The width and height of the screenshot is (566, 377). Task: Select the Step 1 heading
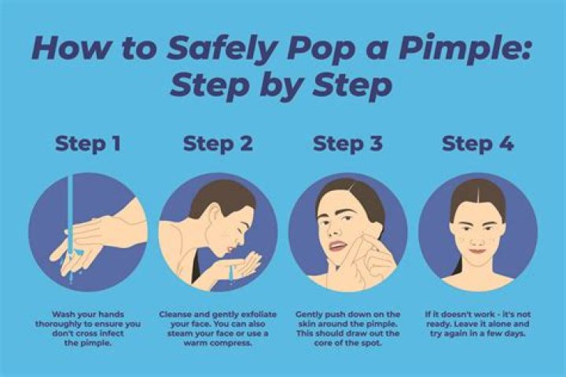click(x=88, y=145)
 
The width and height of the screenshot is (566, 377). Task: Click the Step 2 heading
click(x=218, y=145)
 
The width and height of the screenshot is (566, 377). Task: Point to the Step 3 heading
click(x=347, y=145)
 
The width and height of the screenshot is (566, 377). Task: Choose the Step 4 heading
click(x=478, y=145)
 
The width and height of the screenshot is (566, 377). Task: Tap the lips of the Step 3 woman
click(x=337, y=247)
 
